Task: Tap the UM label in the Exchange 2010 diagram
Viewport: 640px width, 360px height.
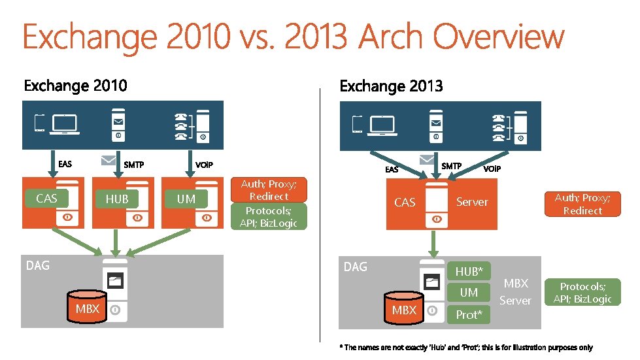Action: coord(186,199)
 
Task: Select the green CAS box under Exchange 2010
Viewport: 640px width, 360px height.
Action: coord(46,198)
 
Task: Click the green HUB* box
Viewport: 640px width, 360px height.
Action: coord(469,271)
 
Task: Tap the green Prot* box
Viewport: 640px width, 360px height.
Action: coord(469,315)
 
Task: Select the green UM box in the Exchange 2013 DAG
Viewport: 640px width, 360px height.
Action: coord(469,293)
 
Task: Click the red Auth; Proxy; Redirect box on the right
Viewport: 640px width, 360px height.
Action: coord(582,204)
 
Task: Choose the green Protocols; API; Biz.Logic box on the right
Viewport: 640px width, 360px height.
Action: coord(582,293)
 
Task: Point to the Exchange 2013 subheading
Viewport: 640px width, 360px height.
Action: coord(391,86)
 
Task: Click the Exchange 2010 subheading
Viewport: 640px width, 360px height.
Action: coord(76,86)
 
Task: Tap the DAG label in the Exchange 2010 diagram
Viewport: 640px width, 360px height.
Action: coord(37,265)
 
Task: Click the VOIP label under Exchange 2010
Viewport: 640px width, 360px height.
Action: coord(204,164)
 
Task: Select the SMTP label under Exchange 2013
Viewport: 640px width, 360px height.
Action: coord(451,166)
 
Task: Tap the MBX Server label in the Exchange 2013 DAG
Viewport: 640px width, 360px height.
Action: coord(515,292)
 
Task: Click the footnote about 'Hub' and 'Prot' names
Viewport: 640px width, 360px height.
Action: coord(466,348)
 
